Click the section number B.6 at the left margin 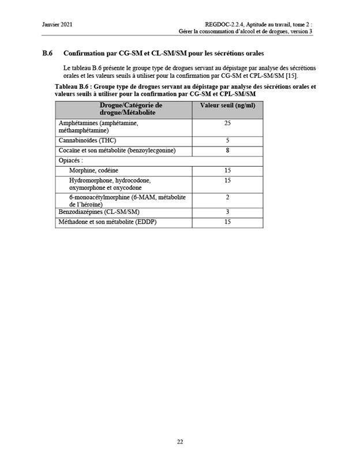(48, 54)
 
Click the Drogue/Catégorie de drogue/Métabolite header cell (123, 110)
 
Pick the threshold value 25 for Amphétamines (227, 123)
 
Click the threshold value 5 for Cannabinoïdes (227, 141)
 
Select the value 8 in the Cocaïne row (227, 151)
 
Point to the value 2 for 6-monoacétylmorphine (227, 197)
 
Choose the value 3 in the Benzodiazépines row (227, 212)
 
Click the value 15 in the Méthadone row (227, 222)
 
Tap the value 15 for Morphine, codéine (227, 171)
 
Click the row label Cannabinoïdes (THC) (87, 141)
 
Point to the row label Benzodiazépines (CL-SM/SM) (99, 212)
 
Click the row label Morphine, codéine (94, 171)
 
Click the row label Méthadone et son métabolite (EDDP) (108, 222)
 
